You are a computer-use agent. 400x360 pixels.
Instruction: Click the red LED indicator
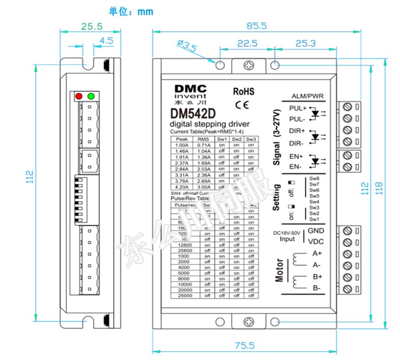[79, 97]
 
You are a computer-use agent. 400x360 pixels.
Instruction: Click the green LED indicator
[91, 97]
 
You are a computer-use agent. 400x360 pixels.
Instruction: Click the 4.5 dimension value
[106, 40]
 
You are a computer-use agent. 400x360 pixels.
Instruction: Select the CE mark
[242, 104]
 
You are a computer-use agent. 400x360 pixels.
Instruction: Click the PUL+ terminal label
[298, 108]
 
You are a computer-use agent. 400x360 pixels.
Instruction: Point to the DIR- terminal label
[297, 144]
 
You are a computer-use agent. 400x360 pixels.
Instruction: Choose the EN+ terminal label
[297, 157]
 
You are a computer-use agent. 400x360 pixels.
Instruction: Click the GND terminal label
[316, 231]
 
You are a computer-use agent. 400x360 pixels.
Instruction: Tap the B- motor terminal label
[317, 288]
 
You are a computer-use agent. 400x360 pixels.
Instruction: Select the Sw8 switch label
[314, 178]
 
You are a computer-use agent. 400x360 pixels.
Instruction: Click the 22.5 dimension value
[247, 44]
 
